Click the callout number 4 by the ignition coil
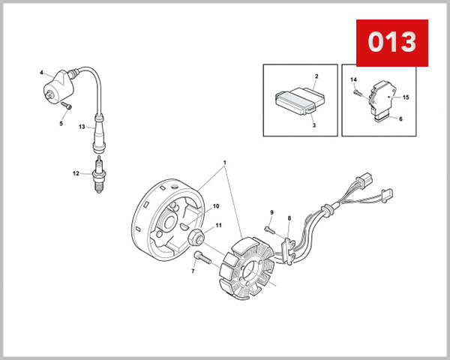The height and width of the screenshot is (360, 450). (41, 73)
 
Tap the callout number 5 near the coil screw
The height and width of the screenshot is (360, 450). (61, 124)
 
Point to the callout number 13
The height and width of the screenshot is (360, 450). (82, 127)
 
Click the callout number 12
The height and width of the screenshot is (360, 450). (76, 174)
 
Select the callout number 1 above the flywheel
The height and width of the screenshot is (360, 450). (223, 163)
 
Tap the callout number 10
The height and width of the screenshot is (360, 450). (215, 206)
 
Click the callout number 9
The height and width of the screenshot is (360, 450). (272, 212)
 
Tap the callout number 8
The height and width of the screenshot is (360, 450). (289, 218)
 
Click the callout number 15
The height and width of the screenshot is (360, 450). (406, 97)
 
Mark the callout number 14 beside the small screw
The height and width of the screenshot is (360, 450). (355, 79)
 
